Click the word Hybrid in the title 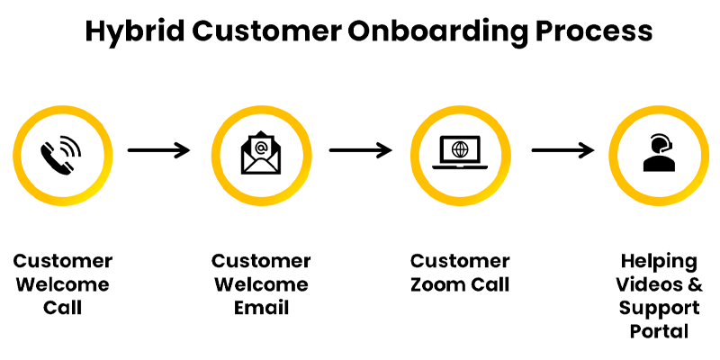[135, 32]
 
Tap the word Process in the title [594, 31]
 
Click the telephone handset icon [60, 154]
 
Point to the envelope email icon [261, 152]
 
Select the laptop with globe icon [459, 152]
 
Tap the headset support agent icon [659, 152]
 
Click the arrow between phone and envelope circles [159, 149]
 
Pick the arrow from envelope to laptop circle [361, 149]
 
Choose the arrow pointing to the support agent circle [563, 149]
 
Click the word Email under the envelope [261, 308]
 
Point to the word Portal [659, 331]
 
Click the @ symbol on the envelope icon [261, 148]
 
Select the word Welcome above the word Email [261, 284]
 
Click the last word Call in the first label [62, 308]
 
